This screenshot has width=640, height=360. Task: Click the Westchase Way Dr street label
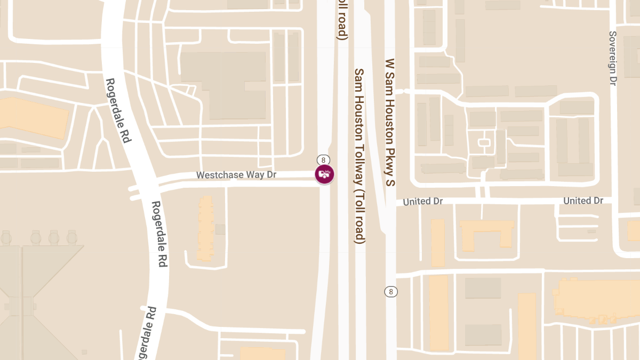point(233,175)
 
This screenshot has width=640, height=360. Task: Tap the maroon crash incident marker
point(324,174)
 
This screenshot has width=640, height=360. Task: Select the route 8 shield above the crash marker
point(324,159)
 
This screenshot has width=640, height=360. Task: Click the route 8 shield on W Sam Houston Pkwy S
point(391,292)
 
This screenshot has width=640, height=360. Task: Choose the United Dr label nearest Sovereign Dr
point(583,201)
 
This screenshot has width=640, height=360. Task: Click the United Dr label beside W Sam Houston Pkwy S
point(423,202)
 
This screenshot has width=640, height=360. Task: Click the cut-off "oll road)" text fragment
point(342,20)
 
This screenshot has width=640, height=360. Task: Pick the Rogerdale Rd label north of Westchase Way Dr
point(118,110)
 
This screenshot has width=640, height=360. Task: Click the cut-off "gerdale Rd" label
point(147,333)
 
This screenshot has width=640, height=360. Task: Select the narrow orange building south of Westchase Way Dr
point(205,228)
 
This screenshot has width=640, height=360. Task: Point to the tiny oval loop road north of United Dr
point(484,142)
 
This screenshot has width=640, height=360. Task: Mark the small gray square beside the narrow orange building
point(220,229)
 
